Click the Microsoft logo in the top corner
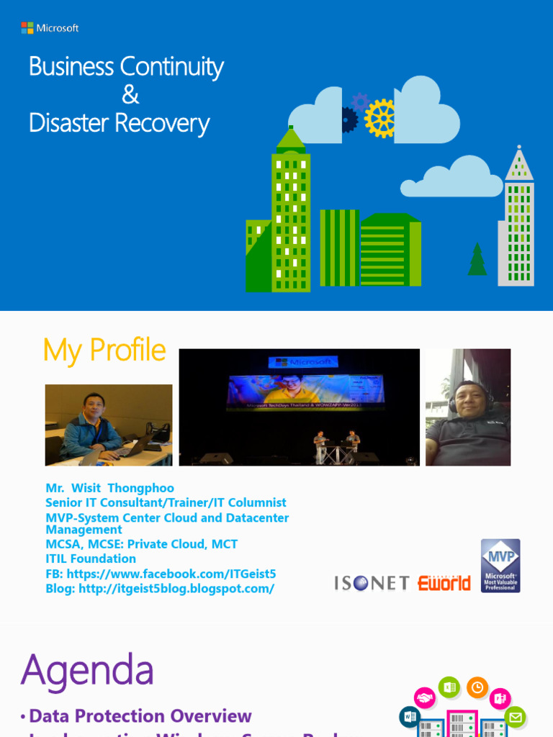[50, 28]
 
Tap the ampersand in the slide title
[130, 95]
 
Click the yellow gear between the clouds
[379, 118]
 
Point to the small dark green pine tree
[477, 260]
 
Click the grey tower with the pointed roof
[518, 223]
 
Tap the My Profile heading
[104, 351]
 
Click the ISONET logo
[372, 583]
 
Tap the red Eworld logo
[444, 583]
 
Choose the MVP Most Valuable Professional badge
[500, 566]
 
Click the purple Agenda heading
[87, 670]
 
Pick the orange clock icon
[477, 688]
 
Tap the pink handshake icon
[425, 698]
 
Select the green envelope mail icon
[516, 717]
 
